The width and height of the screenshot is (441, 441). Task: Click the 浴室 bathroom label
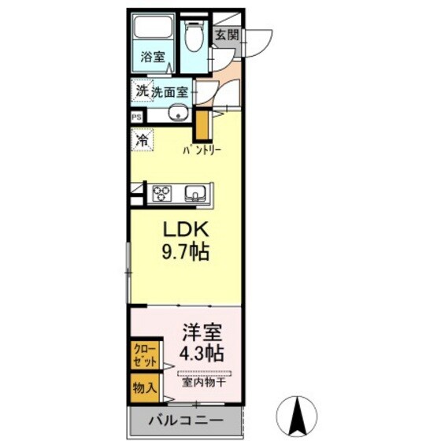coord(153,57)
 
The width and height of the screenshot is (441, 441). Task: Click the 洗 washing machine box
coord(141,91)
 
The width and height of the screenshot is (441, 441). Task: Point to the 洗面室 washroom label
coord(169,91)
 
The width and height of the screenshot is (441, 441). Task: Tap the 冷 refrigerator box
coord(142,141)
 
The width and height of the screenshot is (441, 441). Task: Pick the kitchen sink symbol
coord(195,193)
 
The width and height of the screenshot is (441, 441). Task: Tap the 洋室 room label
coord(202,331)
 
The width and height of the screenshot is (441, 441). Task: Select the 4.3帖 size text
coord(202,352)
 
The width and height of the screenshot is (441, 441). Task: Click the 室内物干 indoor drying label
coord(204,384)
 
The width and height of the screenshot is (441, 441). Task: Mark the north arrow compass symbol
coord(300,410)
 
